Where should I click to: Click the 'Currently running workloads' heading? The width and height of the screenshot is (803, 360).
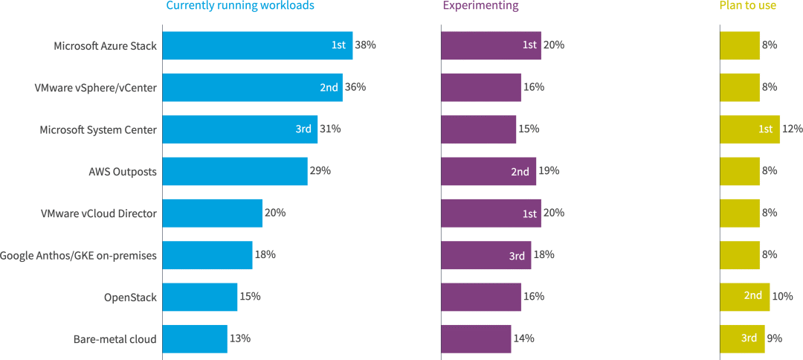click(x=239, y=6)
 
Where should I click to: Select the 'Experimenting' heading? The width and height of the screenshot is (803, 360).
click(x=480, y=6)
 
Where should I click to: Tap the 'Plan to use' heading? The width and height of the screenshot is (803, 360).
click(x=747, y=6)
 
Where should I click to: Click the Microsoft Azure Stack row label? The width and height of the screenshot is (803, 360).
click(x=105, y=46)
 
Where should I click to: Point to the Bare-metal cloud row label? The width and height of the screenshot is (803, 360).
click(x=115, y=339)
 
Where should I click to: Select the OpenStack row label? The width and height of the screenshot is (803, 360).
click(x=130, y=298)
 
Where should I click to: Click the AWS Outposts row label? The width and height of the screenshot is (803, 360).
click(x=123, y=172)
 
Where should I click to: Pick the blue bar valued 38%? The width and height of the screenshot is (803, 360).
click(x=257, y=45)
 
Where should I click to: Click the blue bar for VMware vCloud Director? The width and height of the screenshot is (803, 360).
click(x=212, y=213)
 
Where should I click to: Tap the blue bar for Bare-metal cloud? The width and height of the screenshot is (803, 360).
click(x=194, y=338)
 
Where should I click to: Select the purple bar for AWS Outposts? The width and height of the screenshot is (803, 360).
click(x=488, y=171)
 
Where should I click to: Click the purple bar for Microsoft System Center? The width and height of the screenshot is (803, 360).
click(x=478, y=129)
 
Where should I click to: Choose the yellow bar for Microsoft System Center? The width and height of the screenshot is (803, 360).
click(x=749, y=129)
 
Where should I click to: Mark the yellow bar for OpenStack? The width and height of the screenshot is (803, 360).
click(x=744, y=297)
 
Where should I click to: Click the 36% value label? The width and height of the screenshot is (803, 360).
click(x=355, y=87)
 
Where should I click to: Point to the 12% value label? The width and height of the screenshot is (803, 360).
click(x=792, y=129)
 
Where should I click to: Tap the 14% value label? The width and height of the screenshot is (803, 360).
click(x=523, y=338)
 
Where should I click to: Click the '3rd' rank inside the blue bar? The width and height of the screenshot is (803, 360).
click(x=303, y=129)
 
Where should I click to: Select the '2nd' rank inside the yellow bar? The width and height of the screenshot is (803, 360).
click(x=753, y=296)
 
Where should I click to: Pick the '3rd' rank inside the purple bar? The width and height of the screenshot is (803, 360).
click(x=517, y=255)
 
